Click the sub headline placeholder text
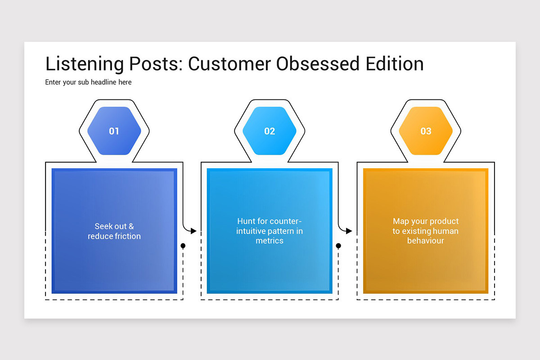(88, 82)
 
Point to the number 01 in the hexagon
(114, 131)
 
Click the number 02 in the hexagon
(270, 131)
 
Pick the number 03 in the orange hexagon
(426, 131)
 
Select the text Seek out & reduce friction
(114, 231)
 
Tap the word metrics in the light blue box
(270, 241)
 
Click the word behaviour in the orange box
(426, 241)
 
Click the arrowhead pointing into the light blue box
(193, 231)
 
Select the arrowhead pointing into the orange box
(349, 231)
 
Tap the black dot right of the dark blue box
(183, 246)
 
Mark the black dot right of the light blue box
(338, 246)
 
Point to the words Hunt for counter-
(270, 221)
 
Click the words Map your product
(426, 221)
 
